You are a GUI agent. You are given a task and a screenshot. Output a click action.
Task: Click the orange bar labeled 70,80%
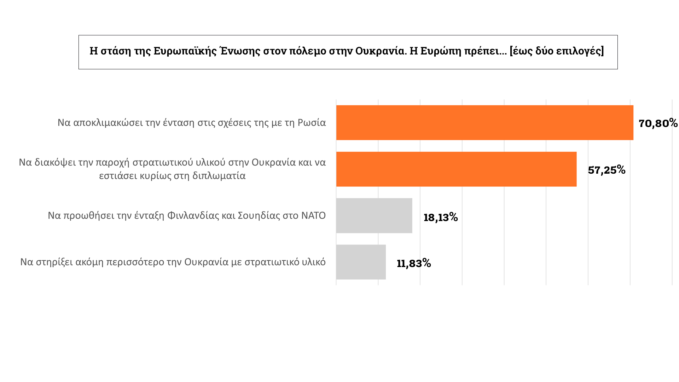[x=484, y=122]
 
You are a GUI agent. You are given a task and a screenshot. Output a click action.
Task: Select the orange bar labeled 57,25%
[x=456, y=169]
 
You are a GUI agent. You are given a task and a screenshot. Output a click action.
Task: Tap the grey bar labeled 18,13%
[x=374, y=215]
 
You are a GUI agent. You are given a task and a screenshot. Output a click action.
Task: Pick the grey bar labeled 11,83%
[x=361, y=262]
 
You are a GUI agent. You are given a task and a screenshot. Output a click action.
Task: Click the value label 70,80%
[x=658, y=123]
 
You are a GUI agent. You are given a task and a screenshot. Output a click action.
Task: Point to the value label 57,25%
[x=607, y=170]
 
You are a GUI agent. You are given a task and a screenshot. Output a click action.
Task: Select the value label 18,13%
[x=441, y=217]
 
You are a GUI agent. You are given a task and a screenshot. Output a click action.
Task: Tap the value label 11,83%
[x=414, y=263]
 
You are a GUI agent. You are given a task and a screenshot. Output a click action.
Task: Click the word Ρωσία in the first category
[x=312, y=122]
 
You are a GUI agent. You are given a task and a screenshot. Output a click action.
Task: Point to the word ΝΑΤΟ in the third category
[x=313, y=215]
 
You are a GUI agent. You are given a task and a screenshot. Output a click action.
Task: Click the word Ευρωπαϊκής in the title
[x=185, y=51]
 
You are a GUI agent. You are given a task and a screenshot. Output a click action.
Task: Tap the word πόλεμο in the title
[x=308, y=51]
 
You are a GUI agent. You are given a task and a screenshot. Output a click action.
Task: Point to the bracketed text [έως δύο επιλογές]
[x=557, y=51]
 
